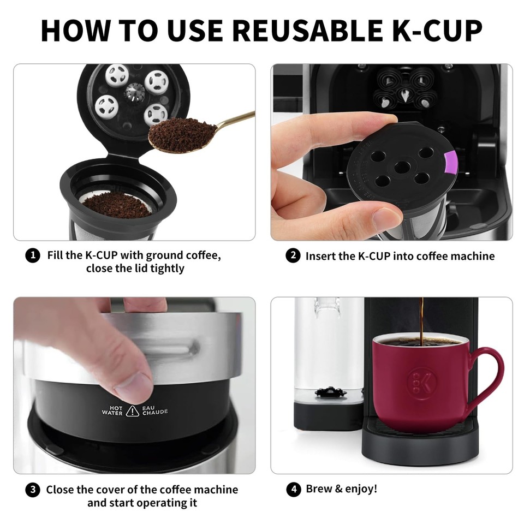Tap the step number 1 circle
click(x=33, y=255)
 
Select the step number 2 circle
click(x=293, y=255)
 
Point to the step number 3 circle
click(x=33, y=490)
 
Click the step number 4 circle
click(x=293, y=489)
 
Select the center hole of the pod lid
click(x=403, y=166)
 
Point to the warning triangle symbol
click(x=132, y=410)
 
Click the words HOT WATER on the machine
click(x=112, y=410)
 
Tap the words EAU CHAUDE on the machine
click(x=155, y=410)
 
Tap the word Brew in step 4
click(x=318, y=489)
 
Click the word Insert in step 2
click(x=320, y=255)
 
